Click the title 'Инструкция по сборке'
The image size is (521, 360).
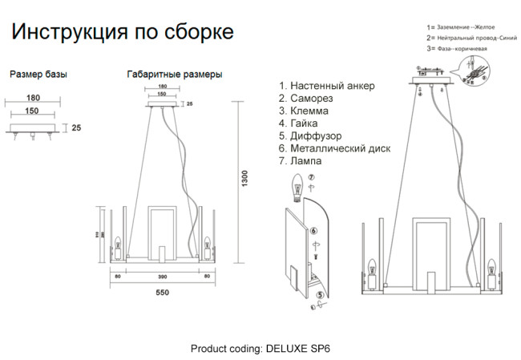tap(122, 33)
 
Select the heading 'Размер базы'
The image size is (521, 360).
tap(38, 75)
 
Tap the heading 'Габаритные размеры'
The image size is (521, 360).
tap(175, 75)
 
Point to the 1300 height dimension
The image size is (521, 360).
tap(245, 184)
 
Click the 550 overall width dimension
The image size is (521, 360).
tap(162, 293)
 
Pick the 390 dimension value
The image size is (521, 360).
tap(162, 277)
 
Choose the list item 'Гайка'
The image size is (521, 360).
tap(304, 123)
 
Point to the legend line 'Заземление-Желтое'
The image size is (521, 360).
tap(462, 26)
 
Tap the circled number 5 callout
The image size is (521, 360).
tap(320, 296)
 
